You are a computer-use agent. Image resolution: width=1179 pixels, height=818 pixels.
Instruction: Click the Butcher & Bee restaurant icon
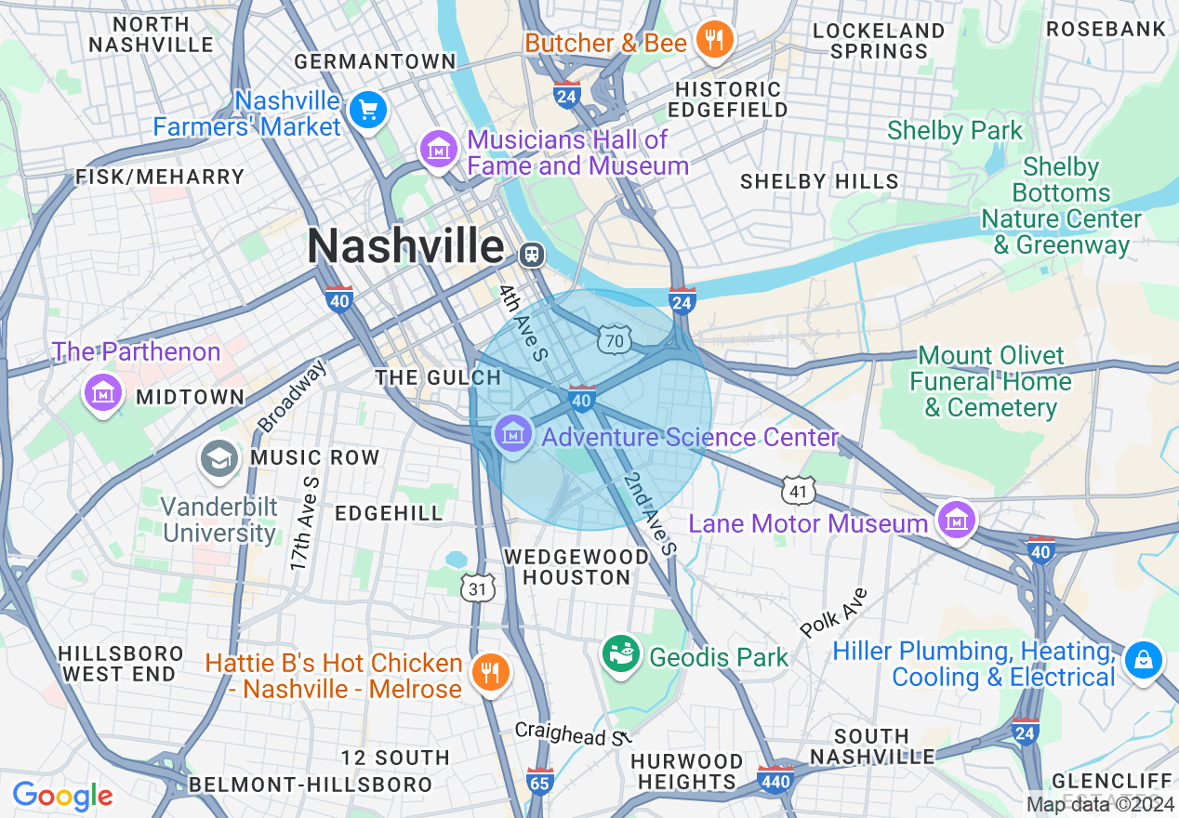pos(714,40)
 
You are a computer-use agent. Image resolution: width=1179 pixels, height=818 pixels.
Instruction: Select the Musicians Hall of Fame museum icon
pos(438,149)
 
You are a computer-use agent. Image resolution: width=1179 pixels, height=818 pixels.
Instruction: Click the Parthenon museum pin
pos(104,391)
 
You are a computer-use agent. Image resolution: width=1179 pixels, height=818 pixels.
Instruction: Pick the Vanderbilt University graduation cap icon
pos(219,458)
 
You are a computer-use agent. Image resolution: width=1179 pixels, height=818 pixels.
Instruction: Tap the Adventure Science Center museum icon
pos(512,433)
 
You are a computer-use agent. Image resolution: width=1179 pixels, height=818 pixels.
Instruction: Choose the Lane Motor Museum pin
pos(956,520)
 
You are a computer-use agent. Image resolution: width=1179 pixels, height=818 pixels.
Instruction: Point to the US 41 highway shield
pos(800,489)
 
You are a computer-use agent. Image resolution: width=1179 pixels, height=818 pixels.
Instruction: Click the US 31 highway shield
pos(478,587)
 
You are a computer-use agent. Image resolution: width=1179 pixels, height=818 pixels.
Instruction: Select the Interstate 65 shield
pos(540,781)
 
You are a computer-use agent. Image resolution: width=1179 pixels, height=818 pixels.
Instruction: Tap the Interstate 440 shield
pos(775,779)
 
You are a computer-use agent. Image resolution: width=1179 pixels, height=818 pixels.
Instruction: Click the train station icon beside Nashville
pos(532,253)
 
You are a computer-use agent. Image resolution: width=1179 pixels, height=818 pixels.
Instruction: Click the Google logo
pos(62,796)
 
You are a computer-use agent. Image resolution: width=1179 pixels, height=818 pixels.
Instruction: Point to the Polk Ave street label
pos(833,613)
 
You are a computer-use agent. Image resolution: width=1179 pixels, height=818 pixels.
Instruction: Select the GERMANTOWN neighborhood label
pos(375,61)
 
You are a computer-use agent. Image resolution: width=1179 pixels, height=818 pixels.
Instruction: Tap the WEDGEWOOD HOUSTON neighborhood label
pos(576,566)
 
